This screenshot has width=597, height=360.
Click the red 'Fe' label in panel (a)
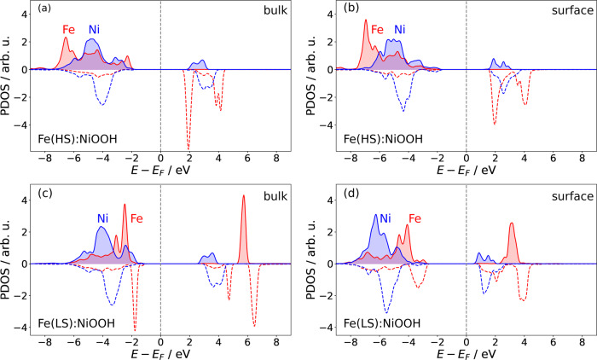[67, 30]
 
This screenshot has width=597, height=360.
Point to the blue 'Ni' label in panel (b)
[400, 30]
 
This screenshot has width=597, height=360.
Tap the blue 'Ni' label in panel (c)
[102, 218]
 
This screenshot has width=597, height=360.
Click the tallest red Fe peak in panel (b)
[366, 21]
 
